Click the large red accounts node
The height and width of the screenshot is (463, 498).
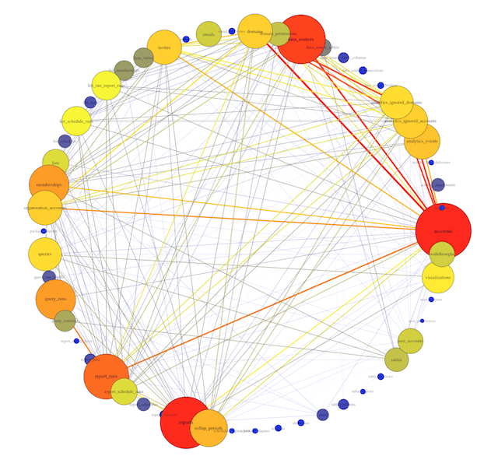coord(443,230)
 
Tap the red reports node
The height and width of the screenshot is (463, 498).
coord(185,422)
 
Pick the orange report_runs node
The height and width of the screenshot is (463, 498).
coord(106,376)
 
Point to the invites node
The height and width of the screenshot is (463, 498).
coord(164,47)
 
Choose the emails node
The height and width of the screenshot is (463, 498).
coord(208,34)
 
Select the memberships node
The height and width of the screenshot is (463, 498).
coord(48,184)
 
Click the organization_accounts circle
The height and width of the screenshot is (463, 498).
coord(44,208)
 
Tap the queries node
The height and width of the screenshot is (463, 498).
coord(44,254)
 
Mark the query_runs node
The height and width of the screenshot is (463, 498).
coord(55,300)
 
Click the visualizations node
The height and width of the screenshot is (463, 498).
coord(438,276)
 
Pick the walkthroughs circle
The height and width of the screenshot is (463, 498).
coord(442,254)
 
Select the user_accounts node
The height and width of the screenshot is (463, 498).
coord(410,341)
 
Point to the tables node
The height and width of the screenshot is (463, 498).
coord(396,360)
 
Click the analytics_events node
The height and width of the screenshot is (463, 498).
coord(423,142)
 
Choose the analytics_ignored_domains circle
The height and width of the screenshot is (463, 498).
coord(396,103)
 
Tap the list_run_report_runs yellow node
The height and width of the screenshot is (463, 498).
coord(106,86)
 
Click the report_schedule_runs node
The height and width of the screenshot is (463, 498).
coord(124,391)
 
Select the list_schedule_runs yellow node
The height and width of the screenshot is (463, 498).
coord(76,121)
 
